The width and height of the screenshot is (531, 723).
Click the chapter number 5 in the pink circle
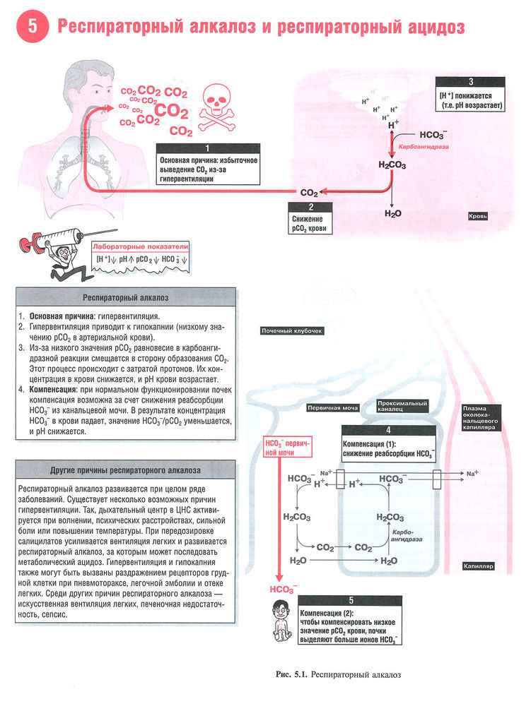click(33, 28)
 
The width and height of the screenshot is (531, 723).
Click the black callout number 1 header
click(208, 149)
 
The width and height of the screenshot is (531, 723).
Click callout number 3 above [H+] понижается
click(470, 81)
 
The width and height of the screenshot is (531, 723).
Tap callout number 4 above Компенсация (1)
click(388, 430)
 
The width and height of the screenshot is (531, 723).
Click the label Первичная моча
click(332, 407)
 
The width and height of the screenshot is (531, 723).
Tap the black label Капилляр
click(479, 566)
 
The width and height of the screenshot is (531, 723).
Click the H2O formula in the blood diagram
click(393, 213)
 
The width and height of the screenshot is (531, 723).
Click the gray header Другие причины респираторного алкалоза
click(126, 470)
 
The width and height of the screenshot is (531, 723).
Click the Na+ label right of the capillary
click(472, 472)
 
